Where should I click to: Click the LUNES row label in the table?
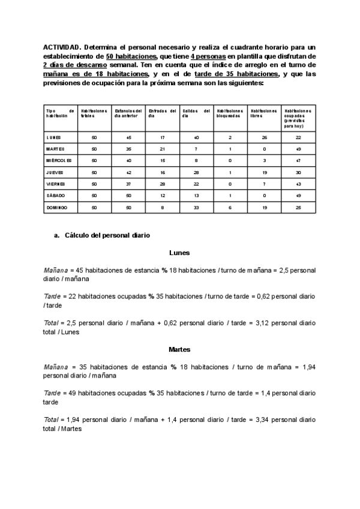[54, 137]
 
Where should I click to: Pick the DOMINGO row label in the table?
[57, 207]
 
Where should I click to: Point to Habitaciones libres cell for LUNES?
[265, 137]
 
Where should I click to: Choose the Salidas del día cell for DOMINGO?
[196, 207]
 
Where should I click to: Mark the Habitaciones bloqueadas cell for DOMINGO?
[230, 207]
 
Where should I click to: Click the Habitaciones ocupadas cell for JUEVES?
[298, 172]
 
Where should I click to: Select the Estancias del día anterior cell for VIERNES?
[128, 184]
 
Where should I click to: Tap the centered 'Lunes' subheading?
[179, 253]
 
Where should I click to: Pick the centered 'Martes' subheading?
[179, 349]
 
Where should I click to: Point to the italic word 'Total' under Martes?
[51, 420]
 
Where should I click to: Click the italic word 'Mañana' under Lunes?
[55, 270]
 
